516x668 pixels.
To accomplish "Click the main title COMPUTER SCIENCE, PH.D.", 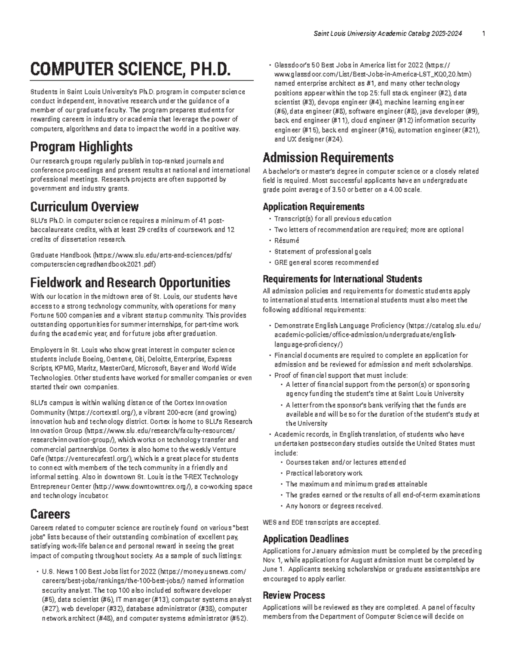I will pos(127,69).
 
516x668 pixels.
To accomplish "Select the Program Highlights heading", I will pos(81,147).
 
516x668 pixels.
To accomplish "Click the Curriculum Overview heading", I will pos(84,207).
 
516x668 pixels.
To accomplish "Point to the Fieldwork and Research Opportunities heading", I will pos(130,283).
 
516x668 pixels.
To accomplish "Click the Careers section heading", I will pos(50,514).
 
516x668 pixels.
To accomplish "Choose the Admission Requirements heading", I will pos(328,157).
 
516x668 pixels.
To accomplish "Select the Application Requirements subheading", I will pos(313,206).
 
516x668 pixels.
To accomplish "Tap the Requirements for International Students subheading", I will pos(342,279).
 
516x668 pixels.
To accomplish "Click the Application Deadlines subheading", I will pos(306,539).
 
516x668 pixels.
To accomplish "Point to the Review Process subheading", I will pos(294,595).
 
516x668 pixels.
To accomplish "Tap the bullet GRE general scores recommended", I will pos(326,262).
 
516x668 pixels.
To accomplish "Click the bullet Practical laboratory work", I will pos(324,473).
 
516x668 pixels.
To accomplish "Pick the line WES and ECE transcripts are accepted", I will pos(321,523).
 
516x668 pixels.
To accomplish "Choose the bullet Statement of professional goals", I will pos(322,252).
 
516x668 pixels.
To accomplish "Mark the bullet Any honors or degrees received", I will pos(334,506).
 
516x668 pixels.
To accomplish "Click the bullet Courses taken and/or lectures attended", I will pos(346,462).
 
